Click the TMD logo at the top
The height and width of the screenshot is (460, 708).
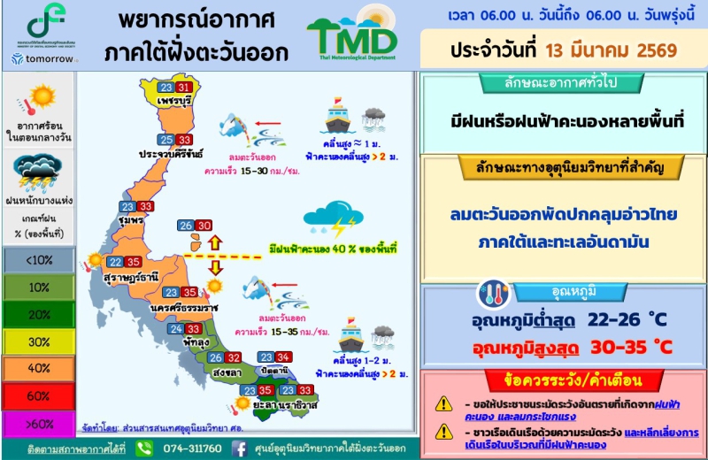click(x=352, y=35)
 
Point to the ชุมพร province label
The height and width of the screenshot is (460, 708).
click(x=130, y=220)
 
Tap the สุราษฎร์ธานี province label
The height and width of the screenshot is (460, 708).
click(x=132, y=277)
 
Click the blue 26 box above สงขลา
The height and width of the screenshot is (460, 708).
click(x=215, y=358)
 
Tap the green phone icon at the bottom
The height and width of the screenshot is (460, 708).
click(x=145, y=448)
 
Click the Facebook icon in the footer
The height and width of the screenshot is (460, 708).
click(x=240, y=448)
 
